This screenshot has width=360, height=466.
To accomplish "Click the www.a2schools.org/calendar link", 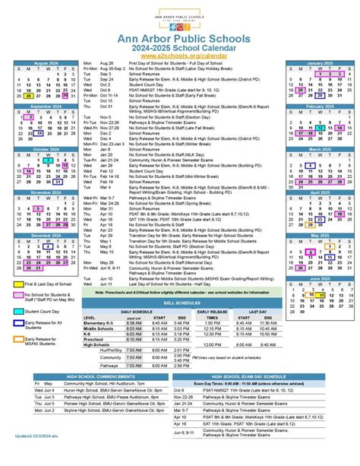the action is pos(180,55).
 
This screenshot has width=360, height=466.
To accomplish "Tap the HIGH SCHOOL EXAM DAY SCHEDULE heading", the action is pos(259,376).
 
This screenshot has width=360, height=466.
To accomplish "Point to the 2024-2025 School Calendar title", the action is pos(180,46).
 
